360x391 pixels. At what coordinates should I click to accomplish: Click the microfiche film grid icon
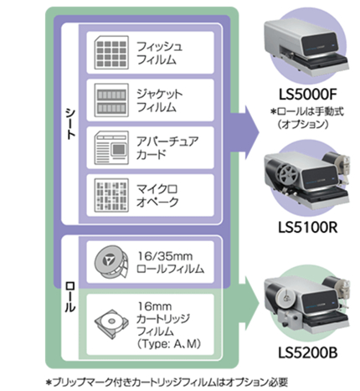coord(111,53)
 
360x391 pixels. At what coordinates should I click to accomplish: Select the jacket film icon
coord(111,100)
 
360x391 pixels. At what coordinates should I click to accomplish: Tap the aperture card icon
coord(111,147)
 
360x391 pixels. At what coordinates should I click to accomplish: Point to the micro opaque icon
coord(111,195)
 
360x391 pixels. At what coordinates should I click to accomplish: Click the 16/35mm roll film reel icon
coord(111,262)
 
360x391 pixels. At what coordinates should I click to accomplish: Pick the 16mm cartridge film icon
coord(111,324)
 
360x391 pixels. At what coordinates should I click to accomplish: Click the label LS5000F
coord(307,95)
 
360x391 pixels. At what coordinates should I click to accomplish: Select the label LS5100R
coord(307,228)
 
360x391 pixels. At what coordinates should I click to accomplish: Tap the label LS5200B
coord(307,352)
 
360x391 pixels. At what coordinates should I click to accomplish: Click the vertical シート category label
coord(70,124)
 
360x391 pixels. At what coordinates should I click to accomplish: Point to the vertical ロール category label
coord(69,297)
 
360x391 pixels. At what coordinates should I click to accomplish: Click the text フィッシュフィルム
coord(159,53)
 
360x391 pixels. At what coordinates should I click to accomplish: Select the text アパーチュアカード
coord(167,147)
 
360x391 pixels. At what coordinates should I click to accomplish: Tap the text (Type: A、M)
coord(169,343)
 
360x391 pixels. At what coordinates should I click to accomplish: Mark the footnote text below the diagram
coord(167,382)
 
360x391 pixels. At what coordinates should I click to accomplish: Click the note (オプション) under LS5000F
coord(303,124)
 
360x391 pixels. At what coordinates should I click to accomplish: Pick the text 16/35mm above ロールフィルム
coord(165,256)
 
